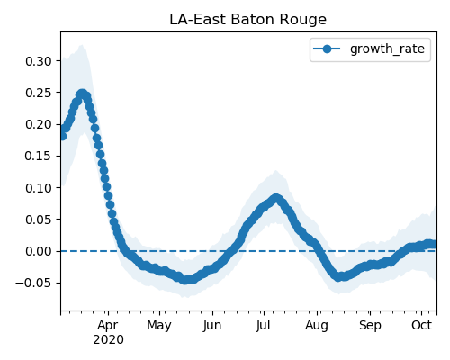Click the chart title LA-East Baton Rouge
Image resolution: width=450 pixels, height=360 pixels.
point(247,20)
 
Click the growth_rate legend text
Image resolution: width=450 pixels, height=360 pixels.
point(387,49)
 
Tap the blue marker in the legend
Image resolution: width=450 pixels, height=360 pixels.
point(327,49)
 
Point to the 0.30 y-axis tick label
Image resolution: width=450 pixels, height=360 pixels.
point(39,61)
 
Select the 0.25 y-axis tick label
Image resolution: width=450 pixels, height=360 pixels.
point(39,93)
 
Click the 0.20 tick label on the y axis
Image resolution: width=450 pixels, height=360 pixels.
point(39,124)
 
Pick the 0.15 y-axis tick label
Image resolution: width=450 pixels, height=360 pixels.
point(39,156)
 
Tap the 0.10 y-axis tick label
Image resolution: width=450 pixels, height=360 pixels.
point(39,188)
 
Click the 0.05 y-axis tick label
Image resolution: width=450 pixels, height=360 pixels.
point(39,220)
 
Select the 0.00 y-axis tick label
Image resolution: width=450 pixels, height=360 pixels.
point(39,251)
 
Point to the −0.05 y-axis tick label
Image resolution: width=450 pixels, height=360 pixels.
point(34,283)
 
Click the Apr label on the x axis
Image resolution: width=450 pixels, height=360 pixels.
point(108,325)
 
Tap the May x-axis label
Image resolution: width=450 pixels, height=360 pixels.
point(159,326)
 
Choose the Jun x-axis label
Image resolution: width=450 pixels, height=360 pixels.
point(212,325)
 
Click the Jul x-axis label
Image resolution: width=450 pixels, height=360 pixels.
point(264,325)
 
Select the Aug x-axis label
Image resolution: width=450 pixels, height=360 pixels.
point(317,326)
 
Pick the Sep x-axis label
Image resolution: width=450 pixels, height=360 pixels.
point(370,326)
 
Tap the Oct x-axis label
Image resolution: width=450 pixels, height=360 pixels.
point(421,325)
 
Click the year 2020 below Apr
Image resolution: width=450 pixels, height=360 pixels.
point(108,339)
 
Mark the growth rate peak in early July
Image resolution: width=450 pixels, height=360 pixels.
point(276,198)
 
